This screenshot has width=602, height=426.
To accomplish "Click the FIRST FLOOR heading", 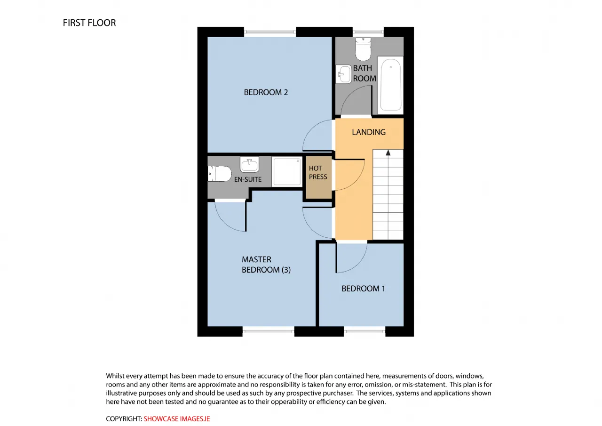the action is pos(89,23).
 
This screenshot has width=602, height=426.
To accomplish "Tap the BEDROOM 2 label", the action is pos(266,92).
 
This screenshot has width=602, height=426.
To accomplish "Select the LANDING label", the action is pos(369,132).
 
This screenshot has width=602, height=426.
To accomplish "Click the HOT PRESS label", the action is pos(318,172).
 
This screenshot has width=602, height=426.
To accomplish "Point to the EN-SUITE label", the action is pos(248,179).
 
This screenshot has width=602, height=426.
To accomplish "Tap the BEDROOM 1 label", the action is pos(363,289).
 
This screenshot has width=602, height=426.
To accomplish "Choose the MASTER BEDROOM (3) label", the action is pos(266,265).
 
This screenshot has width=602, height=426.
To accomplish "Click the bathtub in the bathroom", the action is pos(390,85).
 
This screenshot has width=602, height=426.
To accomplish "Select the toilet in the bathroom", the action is pos(363,49).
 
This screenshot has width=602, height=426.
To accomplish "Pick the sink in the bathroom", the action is pos(344,74).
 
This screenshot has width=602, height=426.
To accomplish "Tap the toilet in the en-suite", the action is pos(220,174).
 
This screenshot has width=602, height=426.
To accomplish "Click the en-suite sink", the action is pos(249,164).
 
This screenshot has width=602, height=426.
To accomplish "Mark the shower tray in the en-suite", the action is pos(287,172).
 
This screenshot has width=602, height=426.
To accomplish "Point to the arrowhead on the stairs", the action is pos(388,153).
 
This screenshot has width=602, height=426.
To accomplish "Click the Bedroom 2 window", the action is pos(270,32).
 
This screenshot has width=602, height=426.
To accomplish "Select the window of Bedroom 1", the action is pos(364,331).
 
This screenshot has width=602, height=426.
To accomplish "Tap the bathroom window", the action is pos(368,32).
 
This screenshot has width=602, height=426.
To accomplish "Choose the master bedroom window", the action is pos(269,331).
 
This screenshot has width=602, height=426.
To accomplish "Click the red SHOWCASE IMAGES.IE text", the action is pos(177,419).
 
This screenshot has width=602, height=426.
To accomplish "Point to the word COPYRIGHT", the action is pos(124,419).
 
